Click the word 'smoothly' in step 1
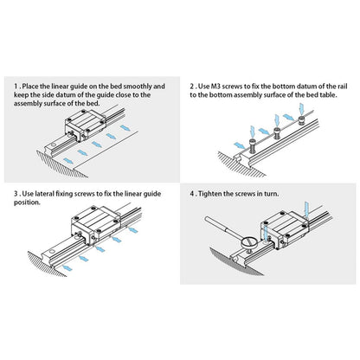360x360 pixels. click(139, 87)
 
